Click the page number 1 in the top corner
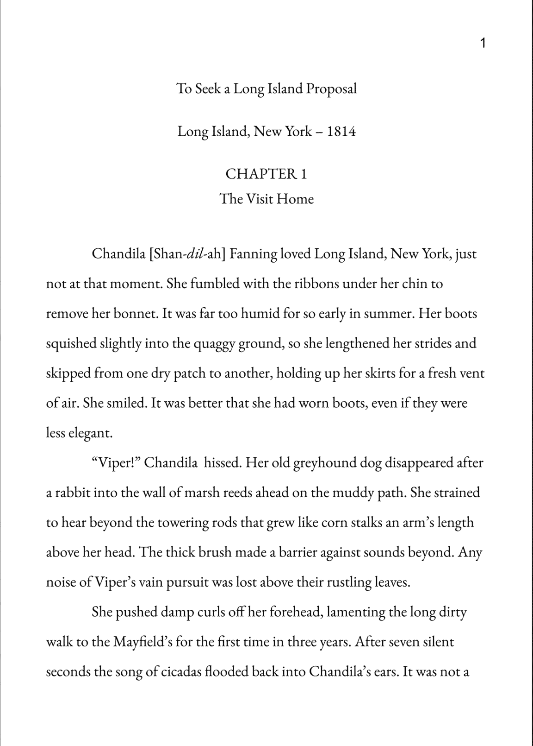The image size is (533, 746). [483, 44]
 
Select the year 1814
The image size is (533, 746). [341, 132]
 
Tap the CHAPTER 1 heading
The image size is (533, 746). [266, 174]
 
